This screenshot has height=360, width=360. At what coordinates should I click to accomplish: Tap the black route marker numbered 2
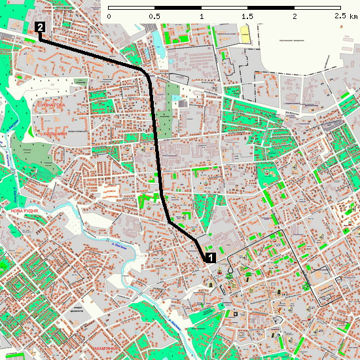41,27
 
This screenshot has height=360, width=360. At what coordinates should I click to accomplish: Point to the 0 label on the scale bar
109,16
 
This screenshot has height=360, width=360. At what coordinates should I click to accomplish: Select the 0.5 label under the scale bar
154,16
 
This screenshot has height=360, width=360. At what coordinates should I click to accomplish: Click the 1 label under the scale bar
201,16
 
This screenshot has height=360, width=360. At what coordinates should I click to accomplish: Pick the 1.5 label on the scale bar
247,16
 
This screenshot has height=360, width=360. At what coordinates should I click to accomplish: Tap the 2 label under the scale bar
294,16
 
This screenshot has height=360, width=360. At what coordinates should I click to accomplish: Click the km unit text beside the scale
353,16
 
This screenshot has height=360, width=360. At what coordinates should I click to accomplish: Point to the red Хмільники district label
55,134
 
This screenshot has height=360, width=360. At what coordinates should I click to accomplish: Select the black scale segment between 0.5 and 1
178,9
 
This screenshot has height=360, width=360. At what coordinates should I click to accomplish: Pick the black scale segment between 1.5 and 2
270,9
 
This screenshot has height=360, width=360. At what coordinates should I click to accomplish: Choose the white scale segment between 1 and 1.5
224,9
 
